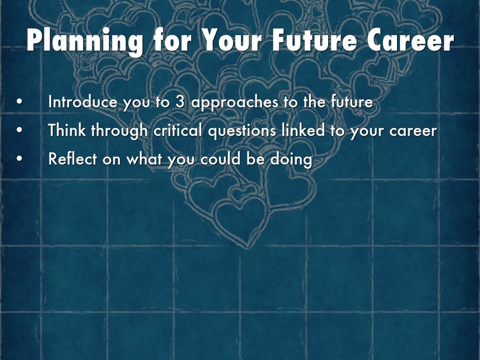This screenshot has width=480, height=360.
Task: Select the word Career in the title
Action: point(410,41)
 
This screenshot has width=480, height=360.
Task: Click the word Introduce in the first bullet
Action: point(83,102)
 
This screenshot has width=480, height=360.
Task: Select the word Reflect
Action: point(73,159)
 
